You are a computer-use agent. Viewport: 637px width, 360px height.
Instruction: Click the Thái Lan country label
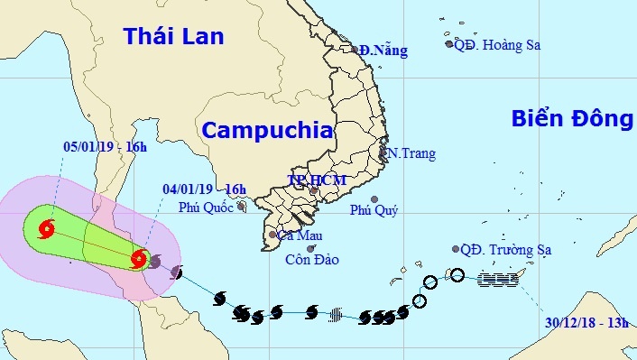point(174,36)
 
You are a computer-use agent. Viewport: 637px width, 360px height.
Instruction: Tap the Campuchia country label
point(265,129)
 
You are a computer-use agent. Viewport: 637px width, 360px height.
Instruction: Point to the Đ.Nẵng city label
point(383,51)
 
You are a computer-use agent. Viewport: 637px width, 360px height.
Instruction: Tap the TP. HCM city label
point(316,180)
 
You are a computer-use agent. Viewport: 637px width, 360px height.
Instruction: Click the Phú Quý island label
point(373,210)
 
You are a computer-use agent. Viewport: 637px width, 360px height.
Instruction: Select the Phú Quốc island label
point(206,207)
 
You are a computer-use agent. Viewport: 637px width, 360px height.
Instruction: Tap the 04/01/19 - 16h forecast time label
point(205,189)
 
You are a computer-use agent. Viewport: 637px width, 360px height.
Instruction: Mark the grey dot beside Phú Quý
point(374,198)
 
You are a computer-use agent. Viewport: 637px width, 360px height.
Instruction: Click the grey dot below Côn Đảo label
point(310,249)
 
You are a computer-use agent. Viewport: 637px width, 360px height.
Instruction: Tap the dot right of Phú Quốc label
point(242,207)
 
